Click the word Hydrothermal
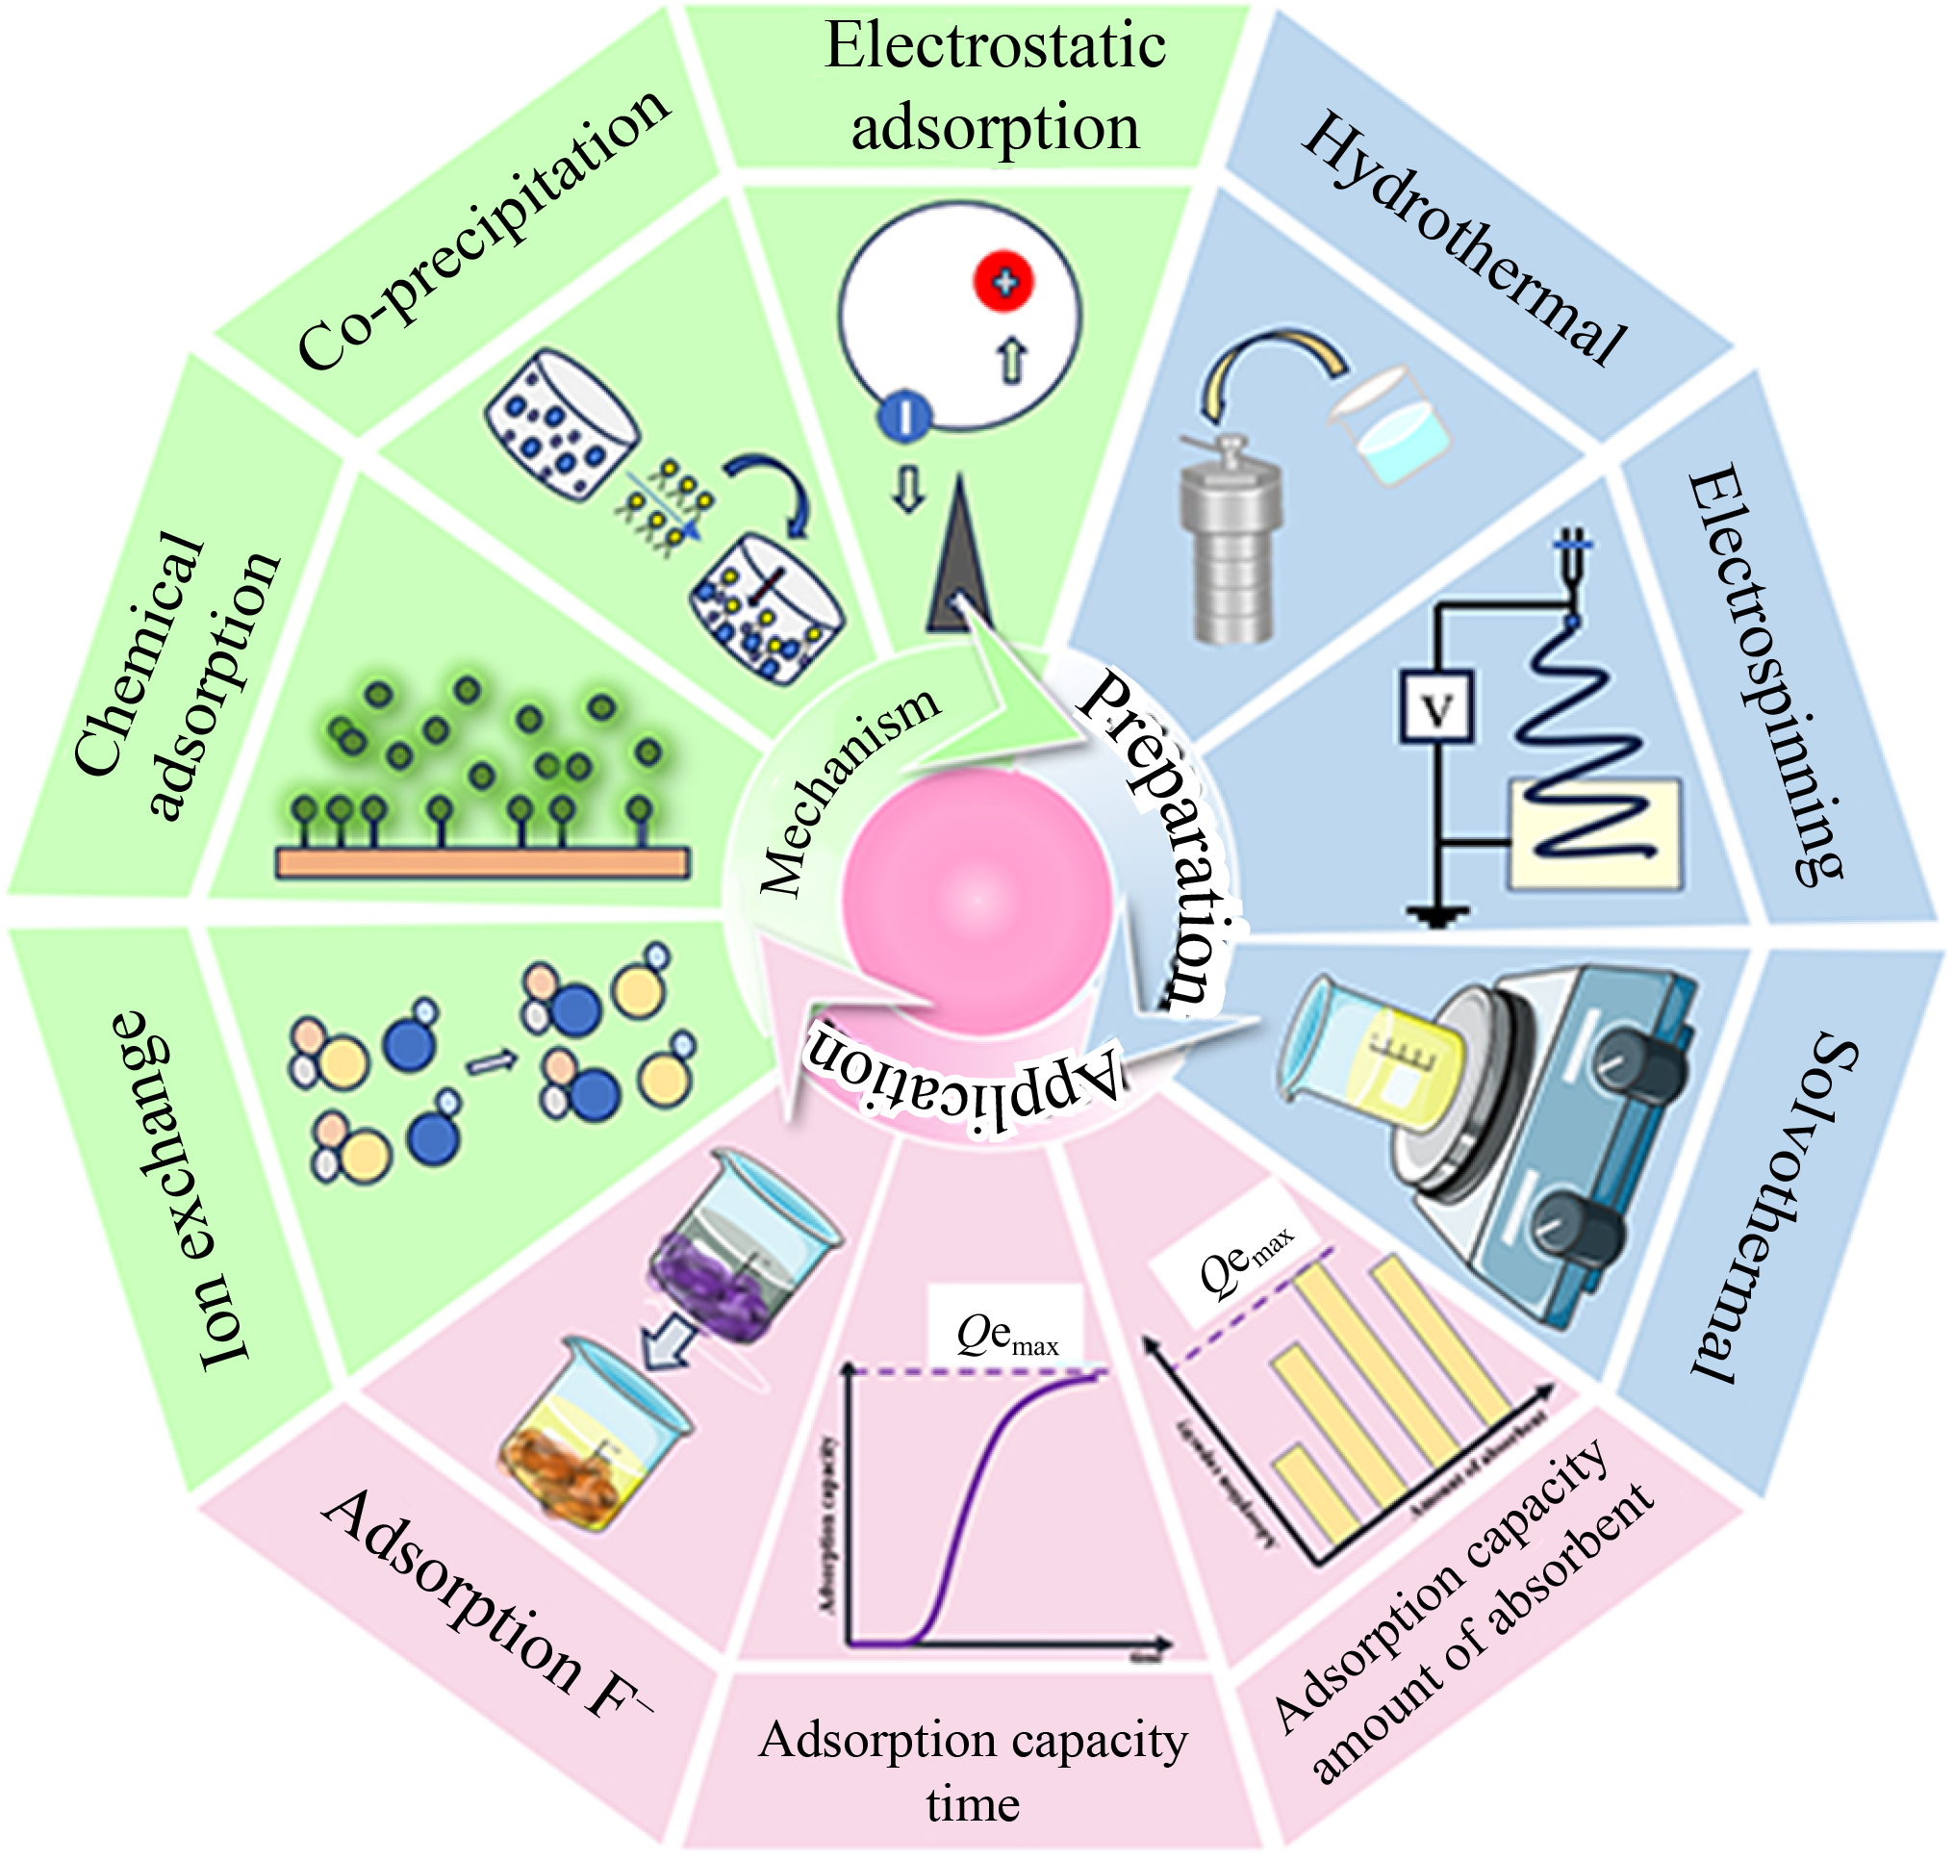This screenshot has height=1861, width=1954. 1463,238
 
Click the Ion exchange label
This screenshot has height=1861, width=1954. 184,1190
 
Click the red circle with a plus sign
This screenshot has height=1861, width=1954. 1003,283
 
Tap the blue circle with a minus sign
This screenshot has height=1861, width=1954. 903,416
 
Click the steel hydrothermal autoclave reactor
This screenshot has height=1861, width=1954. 1231,541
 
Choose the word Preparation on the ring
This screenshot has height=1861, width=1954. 1160,833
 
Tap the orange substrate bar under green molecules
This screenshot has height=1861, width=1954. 482,862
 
